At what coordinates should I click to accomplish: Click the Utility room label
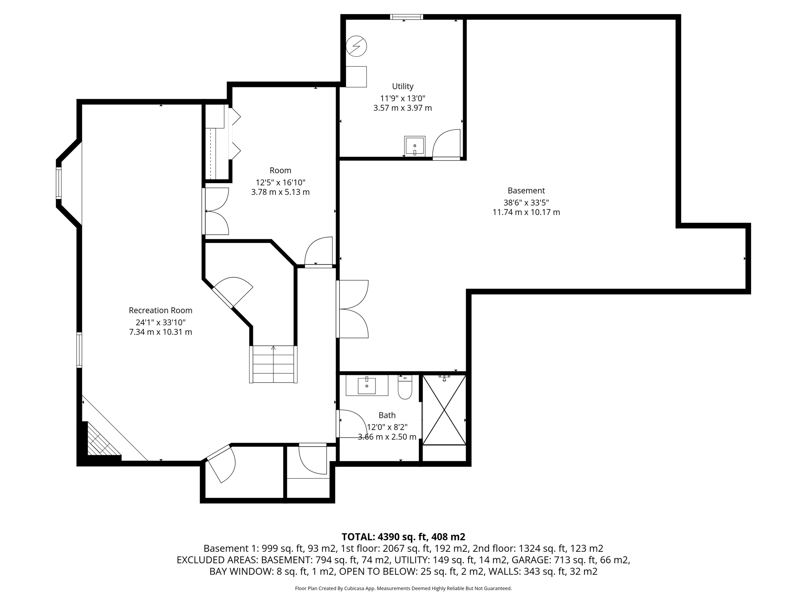pyautogui.click(x=402, y=86)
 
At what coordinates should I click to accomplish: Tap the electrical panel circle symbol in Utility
pyautogui.click(x=356, y=46)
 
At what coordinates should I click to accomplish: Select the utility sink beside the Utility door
pyautogui.click(x=415, y=146)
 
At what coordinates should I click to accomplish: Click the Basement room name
pyautogui.click(x=526, y=191)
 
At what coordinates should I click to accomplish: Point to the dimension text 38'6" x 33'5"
pyautogui.click(x=526, y=202)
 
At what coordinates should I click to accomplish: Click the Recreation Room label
pyautogui.click(x=160, y=310)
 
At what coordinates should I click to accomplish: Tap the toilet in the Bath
pyautogui.click(x=405, y=388)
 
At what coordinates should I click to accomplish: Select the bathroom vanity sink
pyautogui.click(x=367, y=386)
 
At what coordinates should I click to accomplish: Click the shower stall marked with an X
pyautogui.click(x=444, y=410)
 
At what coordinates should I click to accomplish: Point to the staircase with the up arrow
pyautogui.click(x=273, y=364)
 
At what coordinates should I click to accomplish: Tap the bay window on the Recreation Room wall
pyautogui.click(x=59, y=183)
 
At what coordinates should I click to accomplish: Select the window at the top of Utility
pyautogui.click(x=406, y=17)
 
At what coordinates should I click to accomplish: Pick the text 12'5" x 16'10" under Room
pyautogui.click(x=280, y=182)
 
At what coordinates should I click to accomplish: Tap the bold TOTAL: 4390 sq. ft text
pyautogui.click(x=403, y=537)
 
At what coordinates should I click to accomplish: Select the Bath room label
pyautogui.click(x=387, y=415)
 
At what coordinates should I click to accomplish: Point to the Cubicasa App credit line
pyautogui.click(x=403, y=588)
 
